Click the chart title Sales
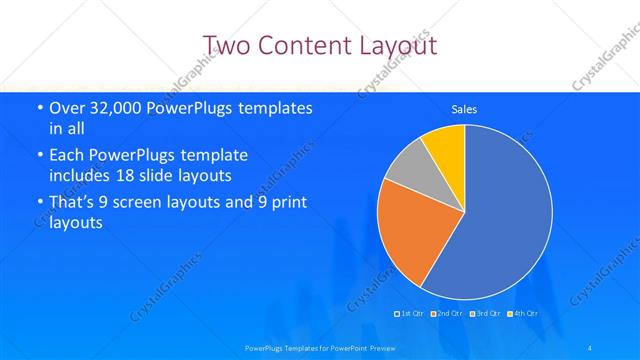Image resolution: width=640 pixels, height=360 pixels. (x=464, y=108)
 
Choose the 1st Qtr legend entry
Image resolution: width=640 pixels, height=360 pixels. (x=411, y=314)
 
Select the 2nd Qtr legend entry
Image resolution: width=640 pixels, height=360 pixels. (x=449, y=314)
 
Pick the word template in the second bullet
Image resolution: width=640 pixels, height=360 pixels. (x=214, y=156)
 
